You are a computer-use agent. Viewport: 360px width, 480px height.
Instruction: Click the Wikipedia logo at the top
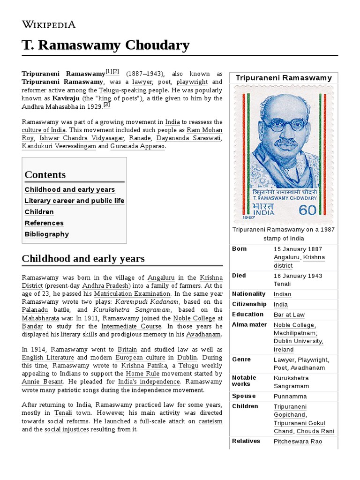(x=49, y=24)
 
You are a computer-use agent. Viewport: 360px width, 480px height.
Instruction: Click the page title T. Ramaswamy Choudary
(x=105, y=45)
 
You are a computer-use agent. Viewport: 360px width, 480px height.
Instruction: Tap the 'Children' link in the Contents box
(x=39, y=212)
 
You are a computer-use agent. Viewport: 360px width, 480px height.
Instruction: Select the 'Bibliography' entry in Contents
(x=47, y=234)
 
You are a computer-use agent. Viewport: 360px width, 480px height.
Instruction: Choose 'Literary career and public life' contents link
(x=75, y=201)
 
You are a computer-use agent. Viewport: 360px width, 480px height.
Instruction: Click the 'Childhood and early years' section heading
(x=83, y=258)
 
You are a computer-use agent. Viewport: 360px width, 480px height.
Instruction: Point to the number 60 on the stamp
(x=307, y=210)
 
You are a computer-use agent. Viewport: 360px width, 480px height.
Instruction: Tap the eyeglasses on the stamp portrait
(x=284, y=125)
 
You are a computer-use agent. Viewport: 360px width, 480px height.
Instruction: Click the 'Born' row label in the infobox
(x=239, y=248)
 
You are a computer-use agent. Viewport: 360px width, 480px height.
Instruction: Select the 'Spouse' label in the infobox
(x=244, y=396)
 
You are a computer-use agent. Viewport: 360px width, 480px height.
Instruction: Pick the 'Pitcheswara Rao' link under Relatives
(x=298, y=442)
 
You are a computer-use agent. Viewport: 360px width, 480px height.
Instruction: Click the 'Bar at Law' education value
(x=289, y=315)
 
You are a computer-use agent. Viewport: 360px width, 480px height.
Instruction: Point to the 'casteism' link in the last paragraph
(x=210, y=421)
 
